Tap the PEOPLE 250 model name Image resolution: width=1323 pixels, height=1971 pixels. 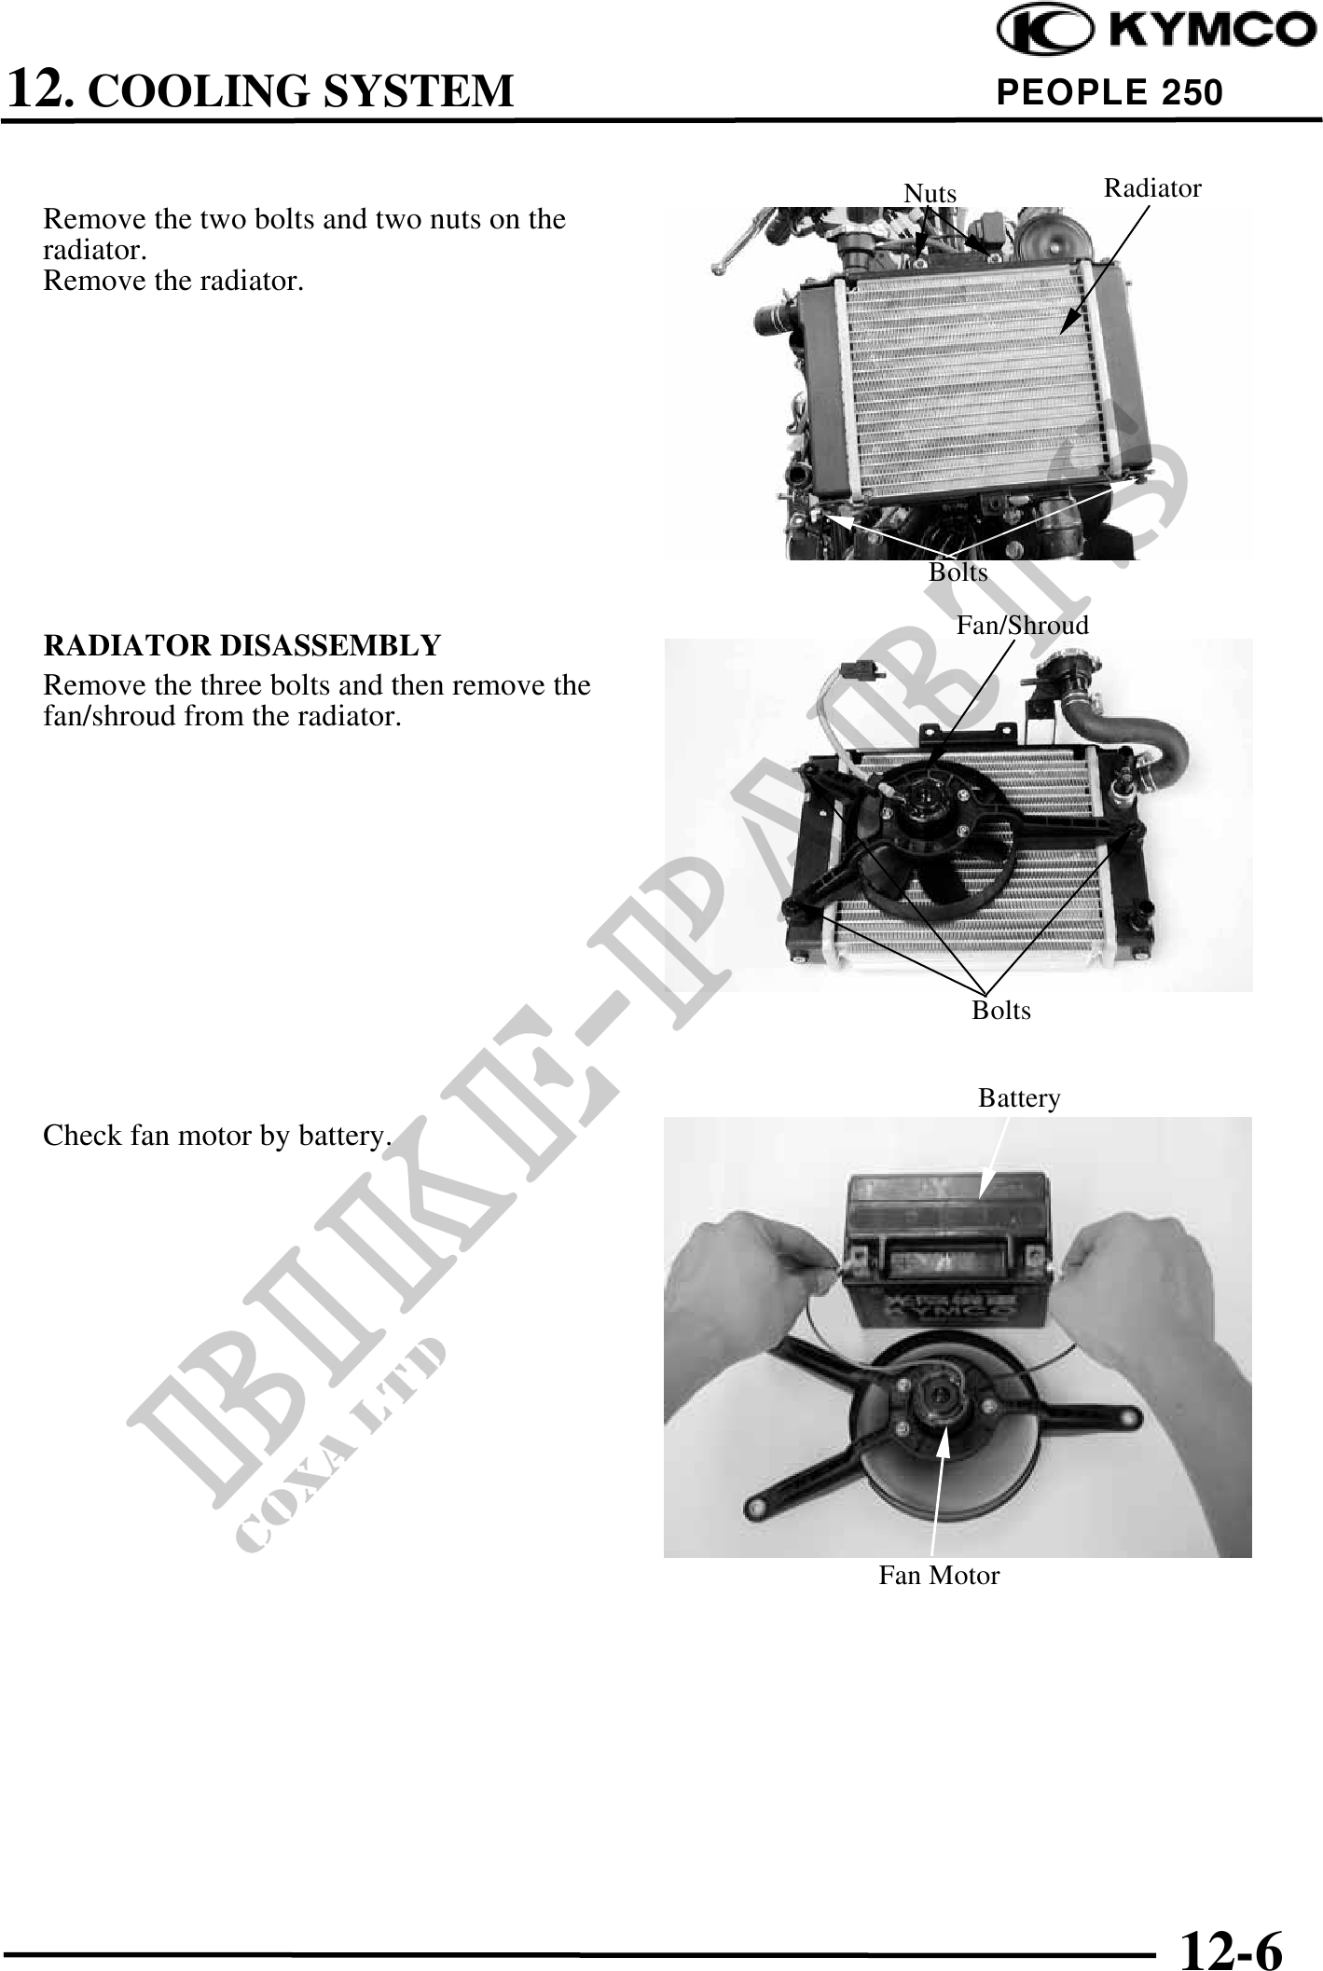(1109, 92)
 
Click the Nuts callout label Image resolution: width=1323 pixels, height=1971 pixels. (930, 193)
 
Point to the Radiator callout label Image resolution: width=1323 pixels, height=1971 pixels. (1152, 187)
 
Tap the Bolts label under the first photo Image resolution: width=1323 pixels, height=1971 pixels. (958, 572)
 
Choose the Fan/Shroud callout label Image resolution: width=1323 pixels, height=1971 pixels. (1022, 625)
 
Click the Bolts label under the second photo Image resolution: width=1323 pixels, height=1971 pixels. (1001, 1010)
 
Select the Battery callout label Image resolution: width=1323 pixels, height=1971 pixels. (1019, 1098)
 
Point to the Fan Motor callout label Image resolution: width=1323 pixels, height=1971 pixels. (939, 1576)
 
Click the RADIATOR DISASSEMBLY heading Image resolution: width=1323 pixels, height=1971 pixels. (242, 645)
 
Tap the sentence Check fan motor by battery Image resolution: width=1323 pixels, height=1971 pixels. (217, 1137)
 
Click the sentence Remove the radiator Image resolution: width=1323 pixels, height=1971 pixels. (173, 281)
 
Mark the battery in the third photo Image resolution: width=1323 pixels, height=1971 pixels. (948, 1248)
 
